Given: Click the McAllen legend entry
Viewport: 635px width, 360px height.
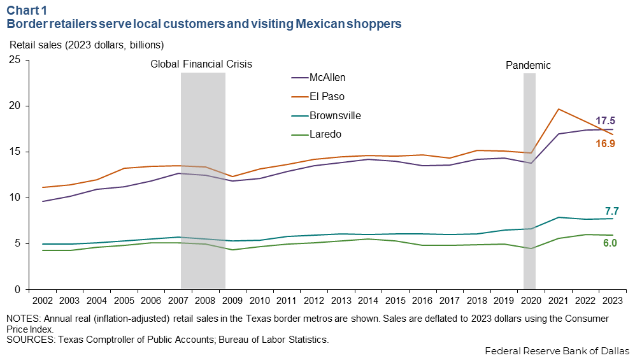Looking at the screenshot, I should pos(327,78).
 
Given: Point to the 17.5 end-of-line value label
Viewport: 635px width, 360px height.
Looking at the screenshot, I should pos(605,120).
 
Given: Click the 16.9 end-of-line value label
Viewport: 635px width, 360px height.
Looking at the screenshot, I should pos(605,144).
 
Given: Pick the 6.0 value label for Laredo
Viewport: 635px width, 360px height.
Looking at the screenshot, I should pos(610,243).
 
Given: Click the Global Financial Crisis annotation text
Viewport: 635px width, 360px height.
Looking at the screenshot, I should pos(201,64).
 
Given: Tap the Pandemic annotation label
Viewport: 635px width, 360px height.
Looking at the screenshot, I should pos(528,65).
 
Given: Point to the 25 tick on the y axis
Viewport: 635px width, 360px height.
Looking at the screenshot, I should pos(15,60).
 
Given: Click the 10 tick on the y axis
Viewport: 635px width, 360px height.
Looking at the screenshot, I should pos(15,198).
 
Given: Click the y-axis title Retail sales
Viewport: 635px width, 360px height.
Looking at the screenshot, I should pos(86,45).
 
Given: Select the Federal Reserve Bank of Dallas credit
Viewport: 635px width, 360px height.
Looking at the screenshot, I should pos(557,351).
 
